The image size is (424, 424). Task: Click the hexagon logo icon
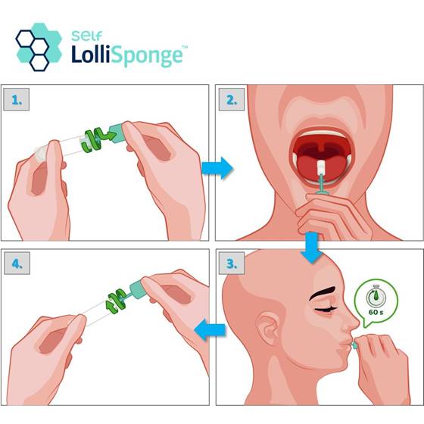pyautogui.click(x=39, y=47)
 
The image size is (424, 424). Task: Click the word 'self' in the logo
pyautogui.click(x=86, y=36)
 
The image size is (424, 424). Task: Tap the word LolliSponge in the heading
pyautogui.click(x=127, y=56)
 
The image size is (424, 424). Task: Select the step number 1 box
pyautogui.click(x=16, y=99)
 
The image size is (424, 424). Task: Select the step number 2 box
pyautogui.click(x=232, y=99)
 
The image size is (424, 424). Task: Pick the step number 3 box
pyautogui.click(x=232, y=263)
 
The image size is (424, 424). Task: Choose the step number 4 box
pyautogui.click(x=17, y=263)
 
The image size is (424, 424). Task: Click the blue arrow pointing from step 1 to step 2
pyautogui.click(x=217, y=168)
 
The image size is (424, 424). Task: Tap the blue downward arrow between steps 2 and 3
pyautogui.click(x=312, y=247)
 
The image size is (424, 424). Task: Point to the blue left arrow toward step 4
pyautogui.click(x=210, y=329)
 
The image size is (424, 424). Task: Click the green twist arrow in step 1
pyautogui.click(x=98, y=139)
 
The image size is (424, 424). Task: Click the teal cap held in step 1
pyautogui.click(x=117, y=132)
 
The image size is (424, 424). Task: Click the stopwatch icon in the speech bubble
pyautogui.click(x=376, y=296)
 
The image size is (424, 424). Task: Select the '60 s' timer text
pyautogui.click(x=376, y=312)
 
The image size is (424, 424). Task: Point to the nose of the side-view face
pyautogui.click(x=351, y=322)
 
